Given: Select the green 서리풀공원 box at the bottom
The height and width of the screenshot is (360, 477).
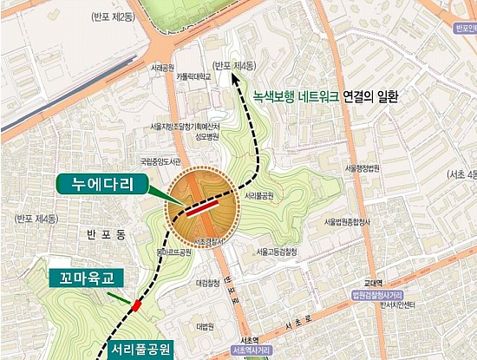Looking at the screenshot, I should [140, 350].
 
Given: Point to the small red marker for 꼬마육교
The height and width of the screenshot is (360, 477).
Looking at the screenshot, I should [136, 305].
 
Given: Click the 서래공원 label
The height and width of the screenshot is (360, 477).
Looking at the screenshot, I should [162, 67].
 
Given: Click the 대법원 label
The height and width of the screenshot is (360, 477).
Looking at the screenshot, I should [205, 326].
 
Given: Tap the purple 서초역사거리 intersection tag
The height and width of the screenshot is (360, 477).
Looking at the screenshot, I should [252, 350].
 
